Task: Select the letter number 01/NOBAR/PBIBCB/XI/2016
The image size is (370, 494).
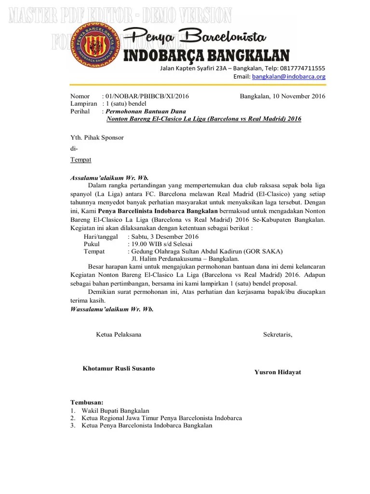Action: tap(147, 96)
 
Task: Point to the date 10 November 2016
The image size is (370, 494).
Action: tap(299, 96)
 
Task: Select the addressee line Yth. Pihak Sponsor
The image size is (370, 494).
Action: tap(97, 137)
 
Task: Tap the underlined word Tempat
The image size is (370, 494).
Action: tap(80, 159)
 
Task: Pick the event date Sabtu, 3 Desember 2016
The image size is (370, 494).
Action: tap(164, 237)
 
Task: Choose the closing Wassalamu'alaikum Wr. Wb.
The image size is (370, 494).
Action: tap(112, 309)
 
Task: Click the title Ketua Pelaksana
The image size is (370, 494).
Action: tap(119, 335)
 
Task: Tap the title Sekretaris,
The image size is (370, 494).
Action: tap(277, 335)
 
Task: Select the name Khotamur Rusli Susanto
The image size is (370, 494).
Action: tap(119, 369)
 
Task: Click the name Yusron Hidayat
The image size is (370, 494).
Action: tap(277, 372)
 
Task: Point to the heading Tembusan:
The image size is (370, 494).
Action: tap(87, 402)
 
